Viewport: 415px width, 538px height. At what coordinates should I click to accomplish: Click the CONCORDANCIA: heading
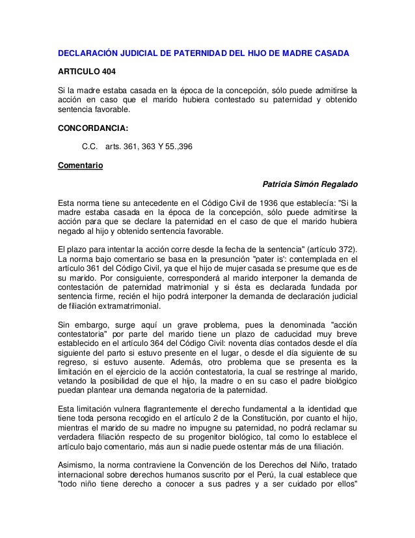(x=92, y=129)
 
